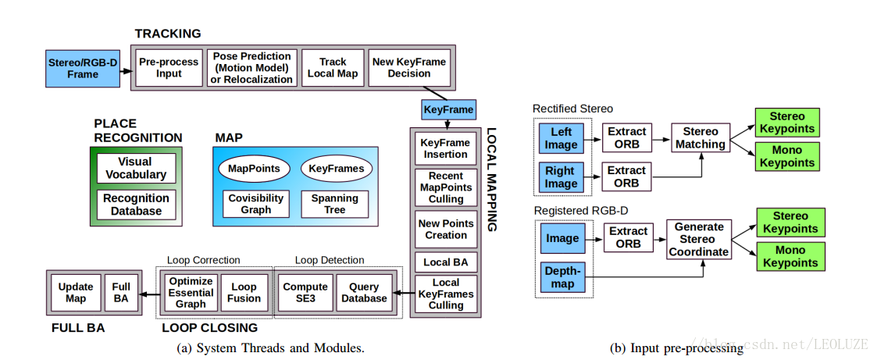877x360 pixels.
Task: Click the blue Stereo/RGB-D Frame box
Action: click(84, 68)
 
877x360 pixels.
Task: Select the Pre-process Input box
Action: click(169, 68)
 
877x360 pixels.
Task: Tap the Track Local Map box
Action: click(333, 68)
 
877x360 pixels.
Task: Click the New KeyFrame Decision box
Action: click(409, 68)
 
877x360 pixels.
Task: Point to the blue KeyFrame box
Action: click(448, 109)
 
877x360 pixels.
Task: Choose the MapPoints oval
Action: click(254, 169)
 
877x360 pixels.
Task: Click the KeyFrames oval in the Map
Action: click(336, 169)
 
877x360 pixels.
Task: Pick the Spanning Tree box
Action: click(334, 204)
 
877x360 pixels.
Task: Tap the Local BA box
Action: click(445, 261)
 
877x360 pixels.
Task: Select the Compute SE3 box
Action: click(305, 292)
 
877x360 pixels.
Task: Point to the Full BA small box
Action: click(121, 292)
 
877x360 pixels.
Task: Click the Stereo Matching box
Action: click(701, 137)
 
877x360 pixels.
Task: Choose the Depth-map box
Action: click(562, 277)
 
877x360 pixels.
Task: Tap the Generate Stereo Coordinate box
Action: click(699, 239)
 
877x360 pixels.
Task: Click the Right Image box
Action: click(561, 177)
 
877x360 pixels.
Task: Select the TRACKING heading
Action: click(167, 34)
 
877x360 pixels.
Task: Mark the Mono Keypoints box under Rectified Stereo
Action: click(787, 156)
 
